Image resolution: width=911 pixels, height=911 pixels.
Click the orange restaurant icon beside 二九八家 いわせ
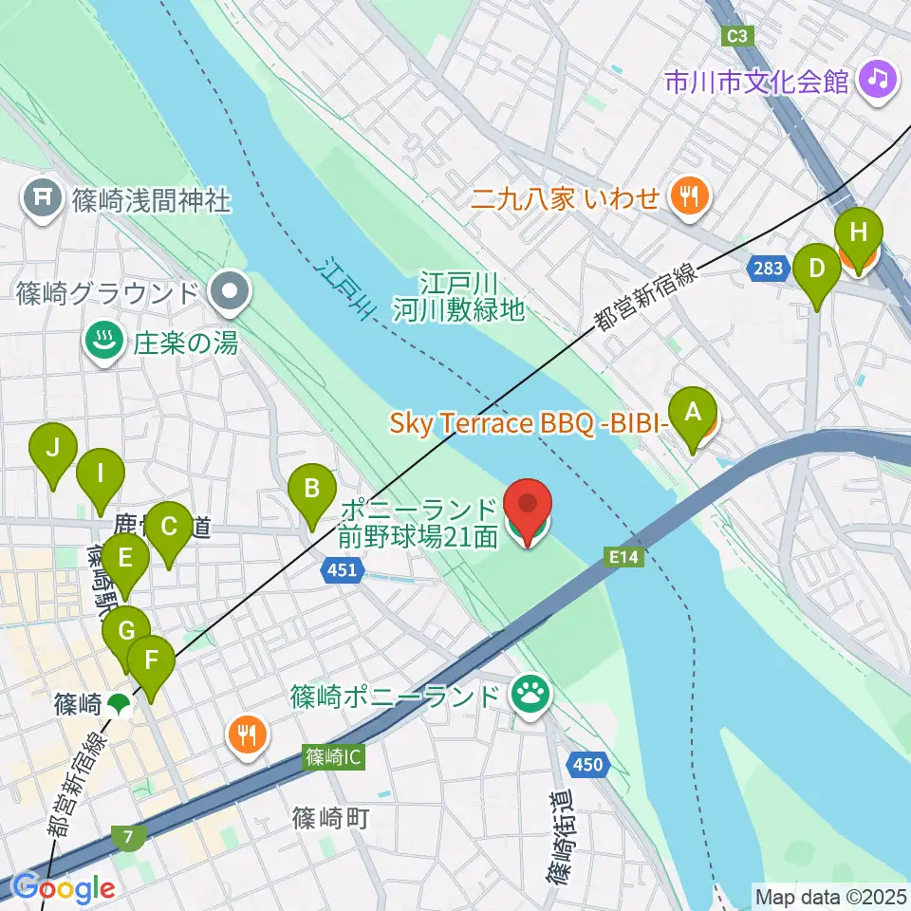pos(684,197)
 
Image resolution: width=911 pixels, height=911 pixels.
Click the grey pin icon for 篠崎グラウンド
pos(228,293)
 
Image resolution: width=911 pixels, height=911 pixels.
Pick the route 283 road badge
pos(768,269)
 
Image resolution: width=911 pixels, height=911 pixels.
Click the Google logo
pos(65,887)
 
